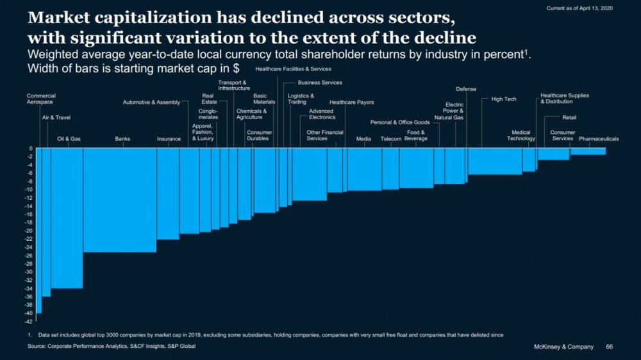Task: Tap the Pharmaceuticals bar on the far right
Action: (x=588, y=152)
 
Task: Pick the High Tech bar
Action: (x=495, y=161)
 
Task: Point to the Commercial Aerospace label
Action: (x=40, y=99)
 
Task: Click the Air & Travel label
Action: (x=56, y=117)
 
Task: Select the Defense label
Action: (x=466, y=89)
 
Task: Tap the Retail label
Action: (x=569, y=117)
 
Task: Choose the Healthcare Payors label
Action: (x=351, y=102)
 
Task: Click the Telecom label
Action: (x=390, y=138)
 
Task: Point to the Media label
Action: (x=363, y=138)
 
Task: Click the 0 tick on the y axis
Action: (x=30, y=149)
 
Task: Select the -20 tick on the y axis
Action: (x=29, y=231)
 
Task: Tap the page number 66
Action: (x=609, y=347)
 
